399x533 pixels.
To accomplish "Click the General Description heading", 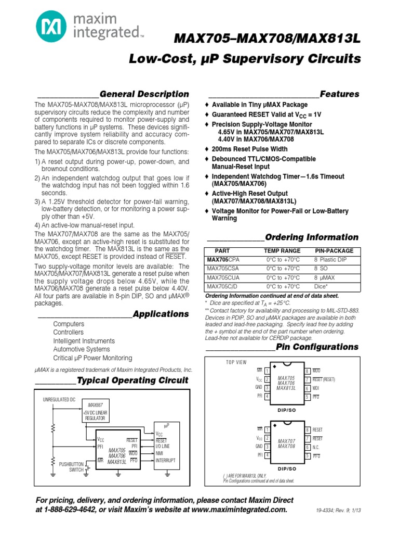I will [x=144, y=94].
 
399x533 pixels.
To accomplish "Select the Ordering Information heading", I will [x=312, y=237].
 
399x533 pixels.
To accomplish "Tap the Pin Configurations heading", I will [x=317, y=347].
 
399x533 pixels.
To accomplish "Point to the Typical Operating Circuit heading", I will [x=132, y=380].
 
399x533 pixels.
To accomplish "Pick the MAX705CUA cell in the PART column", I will [x=223, y=277].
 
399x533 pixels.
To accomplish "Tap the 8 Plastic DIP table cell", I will [x=333, y=259].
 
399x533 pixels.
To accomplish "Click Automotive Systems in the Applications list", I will [x=82, y=349].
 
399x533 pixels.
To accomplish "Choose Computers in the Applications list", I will [x=69, y=324].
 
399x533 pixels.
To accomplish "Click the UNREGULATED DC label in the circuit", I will [x=59, y=399].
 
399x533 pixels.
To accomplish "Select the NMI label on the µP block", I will [x=159, y=453].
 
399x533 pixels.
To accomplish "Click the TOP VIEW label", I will [x=236, y=362].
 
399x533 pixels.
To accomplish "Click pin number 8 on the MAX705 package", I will [x=307, y=371].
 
